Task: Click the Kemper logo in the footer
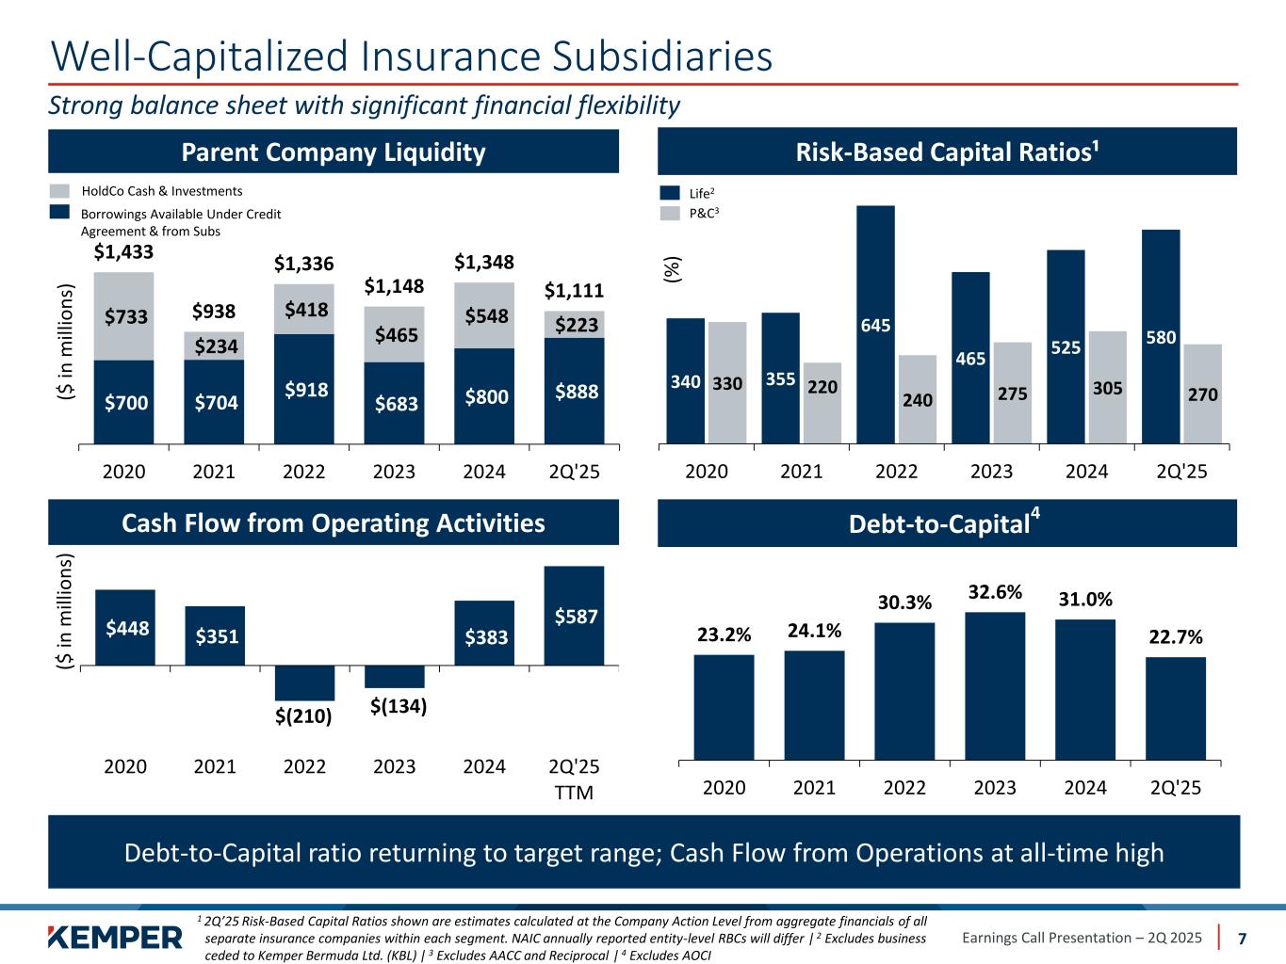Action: tap(114, 938)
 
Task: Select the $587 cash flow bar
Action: tap(574, 616)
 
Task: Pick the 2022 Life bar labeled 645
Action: tap(875, 324)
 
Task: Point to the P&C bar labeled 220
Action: tap(822, 402)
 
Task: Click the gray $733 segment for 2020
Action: tap(123, 316)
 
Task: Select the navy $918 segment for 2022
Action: tap(304, 388)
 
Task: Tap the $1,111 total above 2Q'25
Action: tap(574, 291)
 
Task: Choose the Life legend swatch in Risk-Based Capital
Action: tap(670, 193)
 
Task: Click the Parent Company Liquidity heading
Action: tap(334, 152)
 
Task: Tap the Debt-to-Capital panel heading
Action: tap(946, 523)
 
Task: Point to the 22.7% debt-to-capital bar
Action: tap(1176, 707)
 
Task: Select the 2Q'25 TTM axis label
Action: tap(574, 779)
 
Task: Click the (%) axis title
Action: tap(672, 270)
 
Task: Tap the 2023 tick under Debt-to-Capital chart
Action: tap(995, 787)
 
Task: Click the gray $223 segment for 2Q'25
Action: tap(574, 325)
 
